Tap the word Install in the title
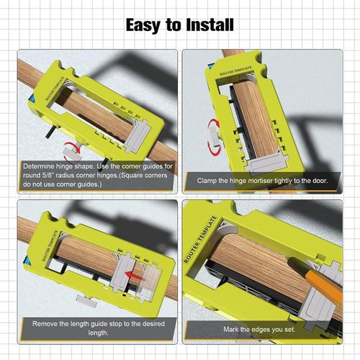208,24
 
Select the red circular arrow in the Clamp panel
214,138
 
